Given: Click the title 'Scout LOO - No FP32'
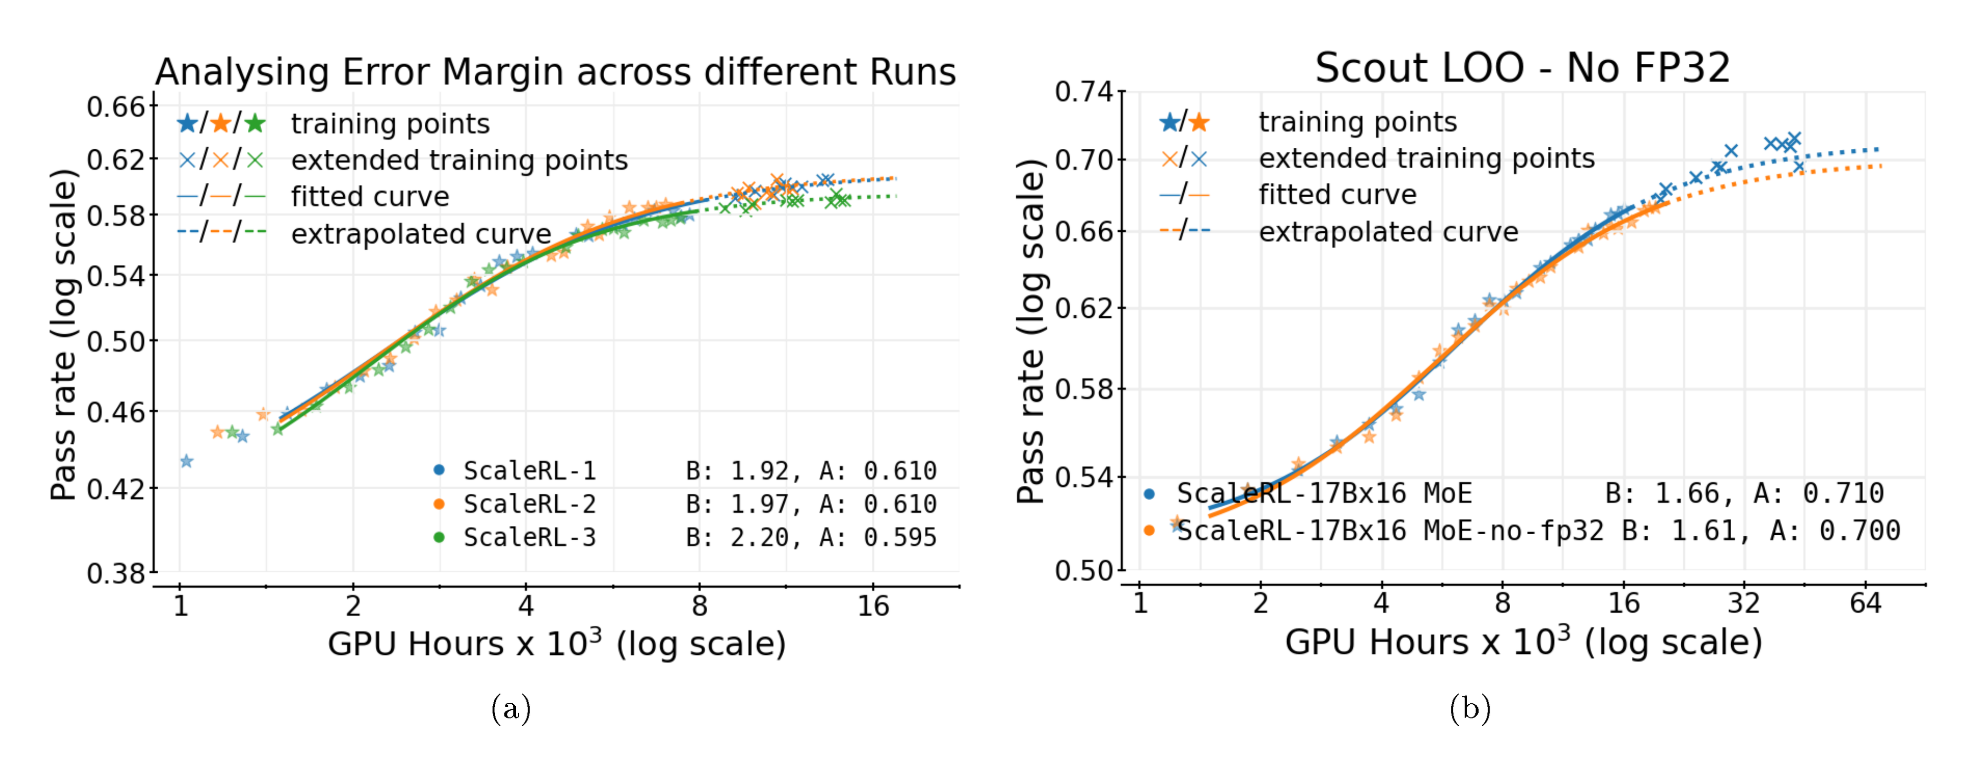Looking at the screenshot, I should click(1522, 68).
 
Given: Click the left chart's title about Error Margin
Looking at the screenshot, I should click(555, 72).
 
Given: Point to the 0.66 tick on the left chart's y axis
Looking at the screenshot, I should click(116, 107).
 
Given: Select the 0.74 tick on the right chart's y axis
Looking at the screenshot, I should click(1083, 92).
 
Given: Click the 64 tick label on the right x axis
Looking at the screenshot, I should click(1865, 603).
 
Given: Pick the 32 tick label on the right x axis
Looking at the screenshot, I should click(1743, 603).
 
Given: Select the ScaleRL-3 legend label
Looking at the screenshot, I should click(529, 537).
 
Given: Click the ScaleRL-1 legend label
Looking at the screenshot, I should click(529, 470).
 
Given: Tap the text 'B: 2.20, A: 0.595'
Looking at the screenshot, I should click(811, 537).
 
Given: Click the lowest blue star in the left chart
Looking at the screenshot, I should click(186, 461).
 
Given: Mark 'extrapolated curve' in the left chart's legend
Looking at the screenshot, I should click(421, 233).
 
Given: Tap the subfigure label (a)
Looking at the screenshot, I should click(511, 708).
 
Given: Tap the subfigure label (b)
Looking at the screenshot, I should click(1470, 708).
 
